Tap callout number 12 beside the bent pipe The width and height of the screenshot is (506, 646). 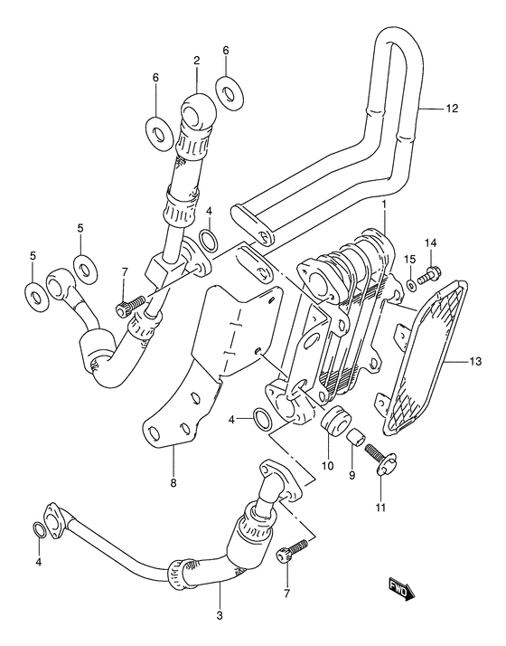[451, 109]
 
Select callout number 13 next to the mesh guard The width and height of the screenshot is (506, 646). [475, 362]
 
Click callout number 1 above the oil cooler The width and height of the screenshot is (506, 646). [384, 204]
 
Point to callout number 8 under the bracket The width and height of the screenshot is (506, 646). [173, 483]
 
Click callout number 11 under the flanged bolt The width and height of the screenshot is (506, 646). [380, 508]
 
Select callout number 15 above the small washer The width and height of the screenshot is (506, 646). [409, 260]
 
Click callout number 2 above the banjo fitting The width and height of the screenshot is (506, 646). [196, 61]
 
